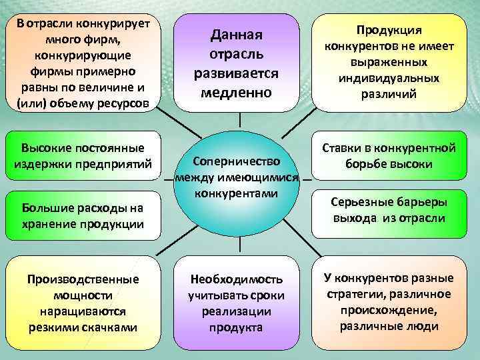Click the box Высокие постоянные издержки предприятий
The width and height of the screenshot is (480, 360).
pos(83,155)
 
